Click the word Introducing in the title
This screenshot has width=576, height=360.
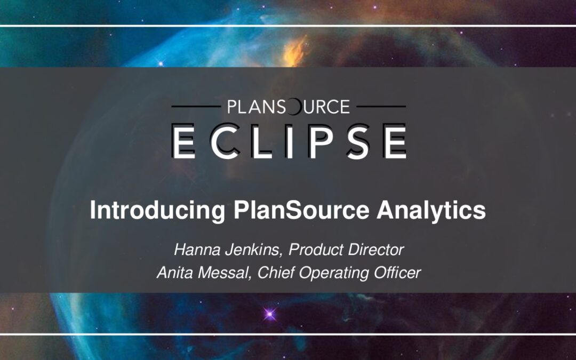click(x=157, y=211)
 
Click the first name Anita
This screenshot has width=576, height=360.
click(x=175, y=273)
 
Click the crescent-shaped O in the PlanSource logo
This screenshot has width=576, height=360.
click(x=294, y=107)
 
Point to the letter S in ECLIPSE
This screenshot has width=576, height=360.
click(x=359, y=141)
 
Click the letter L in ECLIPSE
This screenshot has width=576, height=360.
click(x=260, y=141)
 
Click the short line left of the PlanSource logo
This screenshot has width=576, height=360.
click(x=196, y=107)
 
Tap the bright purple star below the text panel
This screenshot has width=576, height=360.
click(x=270, y=314)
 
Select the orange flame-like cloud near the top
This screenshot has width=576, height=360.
click(x=295, y=51)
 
